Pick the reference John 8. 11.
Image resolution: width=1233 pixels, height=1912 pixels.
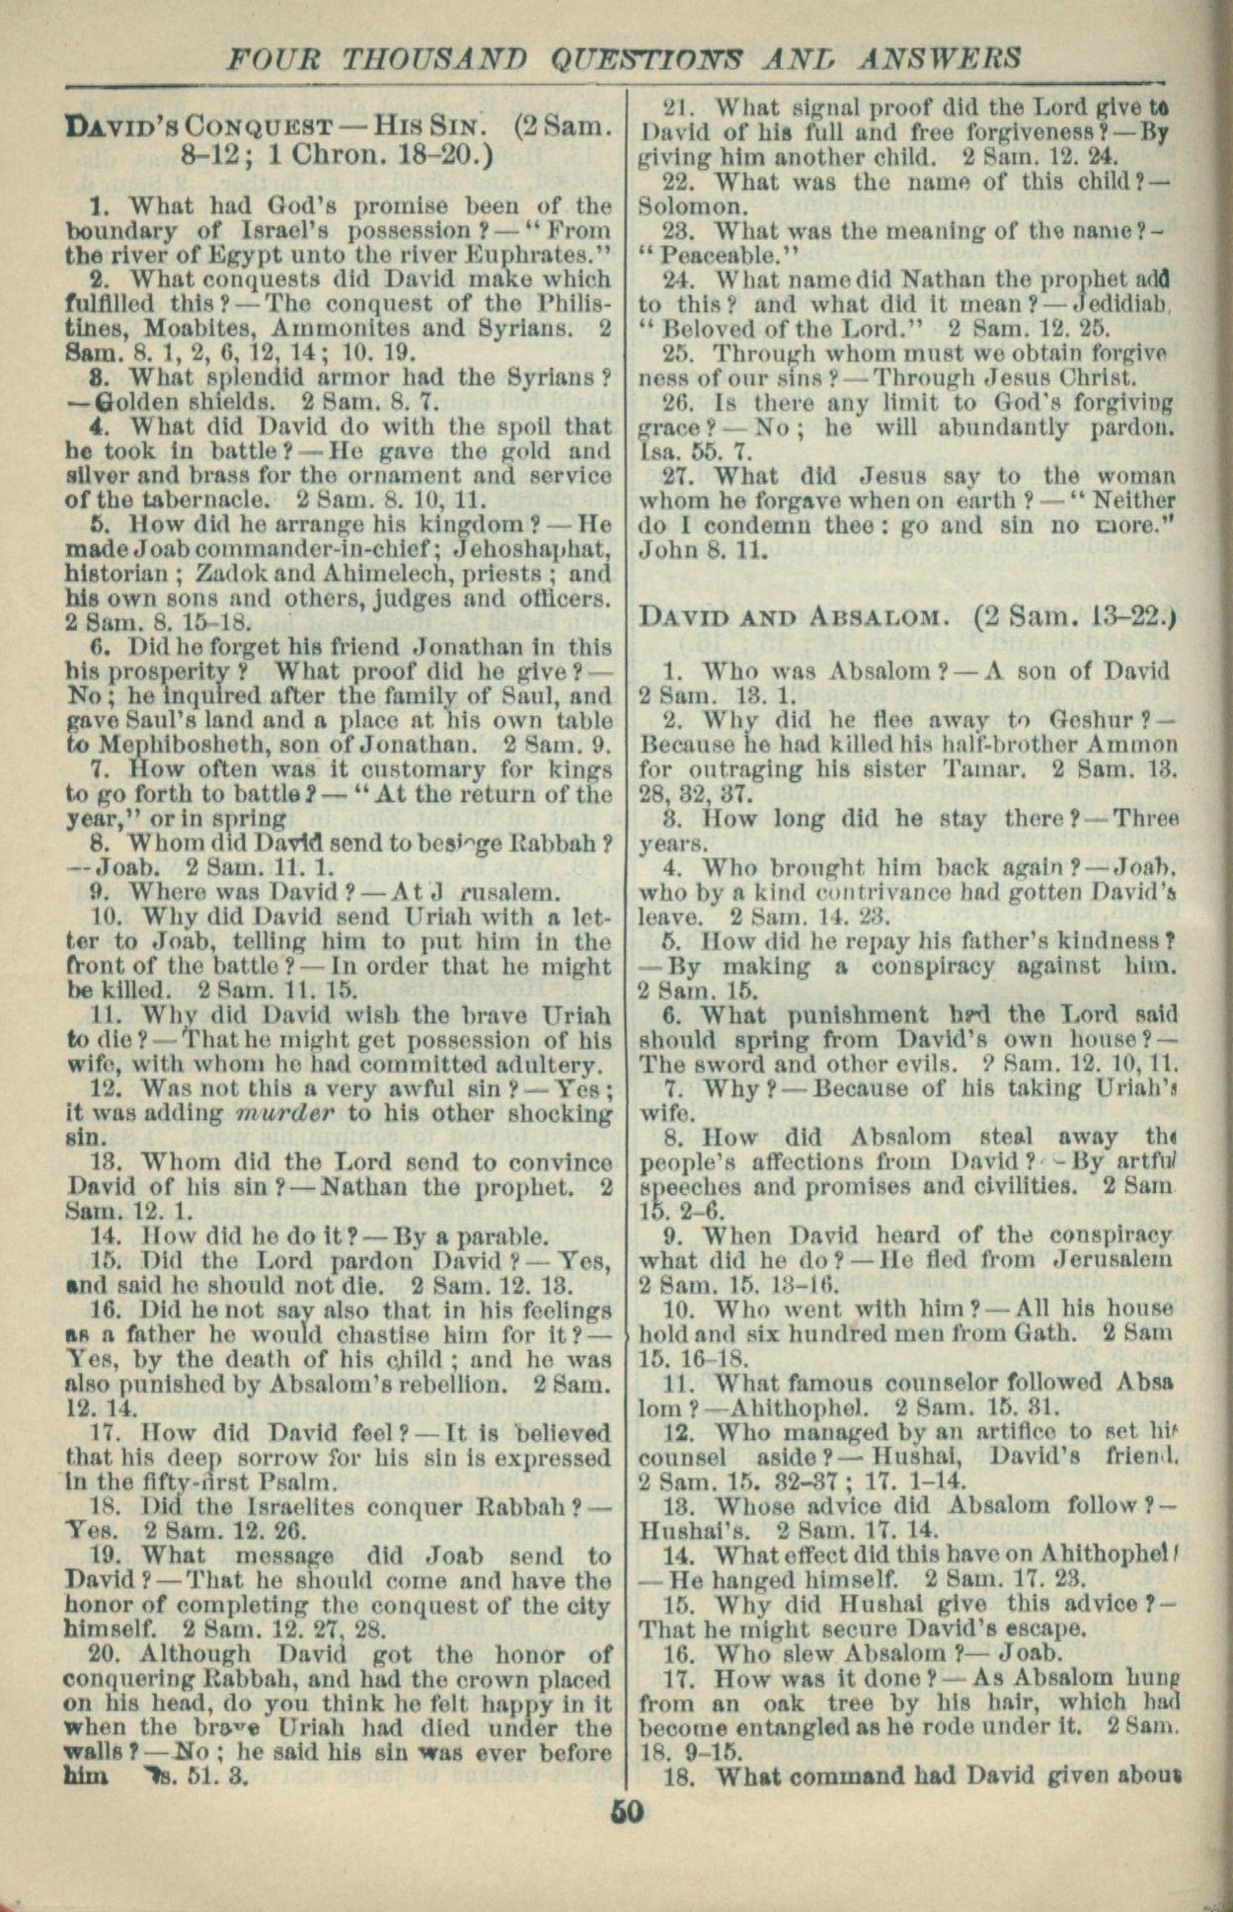tap(703, 550)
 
